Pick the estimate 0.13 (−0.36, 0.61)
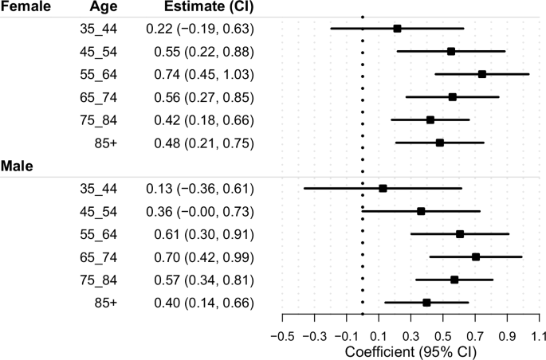(199, 189)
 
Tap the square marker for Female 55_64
(482, 74)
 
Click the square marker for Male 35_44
(383, 189)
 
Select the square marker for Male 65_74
(476, 257)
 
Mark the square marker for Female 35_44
(397, 29)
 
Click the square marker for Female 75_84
(430, 120)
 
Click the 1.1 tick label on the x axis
(540, 335)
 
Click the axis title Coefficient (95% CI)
(410, 351)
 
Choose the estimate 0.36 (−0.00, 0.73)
(199, 211)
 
